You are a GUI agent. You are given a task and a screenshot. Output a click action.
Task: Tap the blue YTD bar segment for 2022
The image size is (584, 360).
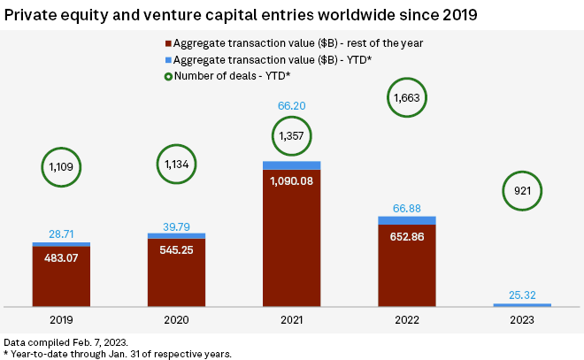coord(406,220)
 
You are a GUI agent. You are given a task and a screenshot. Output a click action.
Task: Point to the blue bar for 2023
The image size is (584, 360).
coord(521,304)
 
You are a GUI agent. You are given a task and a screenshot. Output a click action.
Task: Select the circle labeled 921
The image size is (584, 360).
coord(521,190)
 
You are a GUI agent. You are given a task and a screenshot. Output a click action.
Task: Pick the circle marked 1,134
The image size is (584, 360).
coord(176,163)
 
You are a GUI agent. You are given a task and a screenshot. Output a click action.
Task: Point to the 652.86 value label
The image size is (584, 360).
coord(406,237)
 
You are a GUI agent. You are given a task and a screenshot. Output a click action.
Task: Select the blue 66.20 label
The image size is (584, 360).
coord(291,105)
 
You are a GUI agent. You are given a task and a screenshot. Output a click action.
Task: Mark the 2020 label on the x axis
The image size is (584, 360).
coord(176,321)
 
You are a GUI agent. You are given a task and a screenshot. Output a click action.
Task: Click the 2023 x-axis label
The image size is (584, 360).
coord(521,321)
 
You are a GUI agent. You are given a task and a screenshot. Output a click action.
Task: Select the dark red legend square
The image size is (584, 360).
coord(167,42)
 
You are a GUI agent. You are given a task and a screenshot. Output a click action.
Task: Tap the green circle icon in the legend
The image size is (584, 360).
coord(167,74)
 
